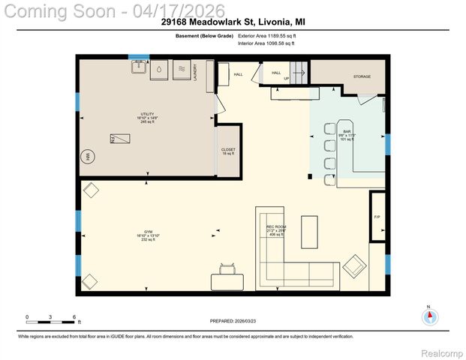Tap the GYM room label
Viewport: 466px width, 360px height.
146,232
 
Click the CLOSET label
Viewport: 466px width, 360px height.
228,150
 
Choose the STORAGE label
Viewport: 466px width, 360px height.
362,76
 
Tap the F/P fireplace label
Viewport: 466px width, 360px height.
377,217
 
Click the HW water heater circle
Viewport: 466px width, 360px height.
88,157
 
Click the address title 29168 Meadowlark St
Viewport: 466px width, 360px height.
233,22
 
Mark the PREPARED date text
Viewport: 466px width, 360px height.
233,320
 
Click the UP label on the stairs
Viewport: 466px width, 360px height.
286,78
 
